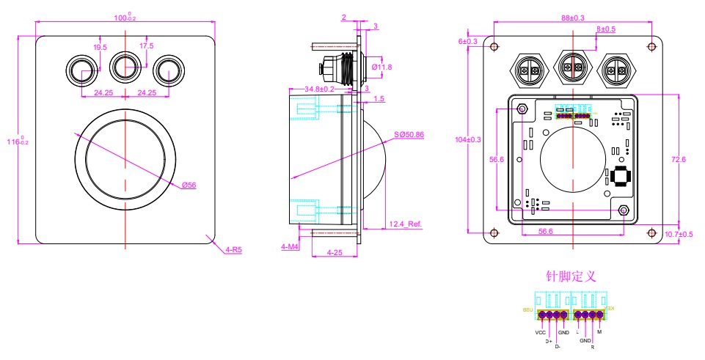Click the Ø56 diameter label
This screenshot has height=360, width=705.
point(189,185)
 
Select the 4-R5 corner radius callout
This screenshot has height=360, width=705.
point(233,249)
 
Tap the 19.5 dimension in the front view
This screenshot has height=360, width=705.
point(100,47)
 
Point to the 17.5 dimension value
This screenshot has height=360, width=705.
point(146,46)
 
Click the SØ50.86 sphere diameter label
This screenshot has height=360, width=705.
point(409,136)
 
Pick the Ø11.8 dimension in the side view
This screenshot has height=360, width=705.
point(382,67)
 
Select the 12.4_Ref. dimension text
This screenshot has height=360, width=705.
point(404,224)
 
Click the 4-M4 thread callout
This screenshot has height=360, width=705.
point(291,248)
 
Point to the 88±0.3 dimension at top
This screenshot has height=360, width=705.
point(573,18)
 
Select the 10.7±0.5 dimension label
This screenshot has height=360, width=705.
point(679,235)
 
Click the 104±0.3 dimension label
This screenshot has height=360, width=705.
point(468,139)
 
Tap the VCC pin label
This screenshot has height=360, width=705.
point(540,333)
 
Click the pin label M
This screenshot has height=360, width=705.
point(599,333)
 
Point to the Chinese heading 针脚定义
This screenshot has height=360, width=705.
point(571,276)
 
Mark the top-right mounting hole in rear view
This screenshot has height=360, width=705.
point(651,46)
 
